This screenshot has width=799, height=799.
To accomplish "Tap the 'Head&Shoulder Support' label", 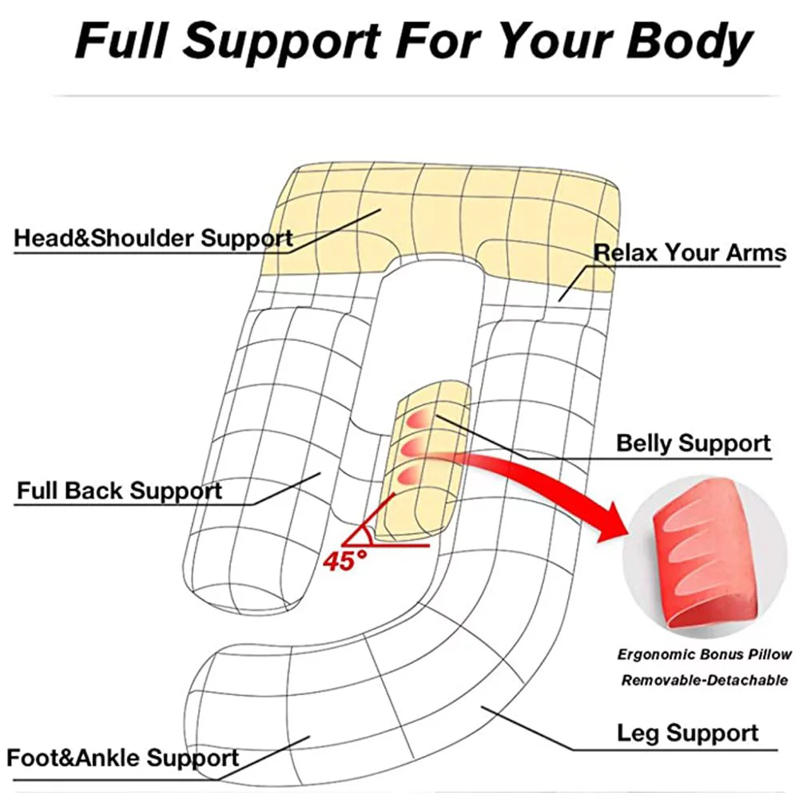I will [153, 237].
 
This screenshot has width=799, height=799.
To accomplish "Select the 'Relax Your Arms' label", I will [690, 253].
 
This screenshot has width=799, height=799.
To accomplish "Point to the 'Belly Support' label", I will [693, 443].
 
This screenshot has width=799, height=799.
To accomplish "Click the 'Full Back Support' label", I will [119, 490].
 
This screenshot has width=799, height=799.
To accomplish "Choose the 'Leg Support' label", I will [688, 733].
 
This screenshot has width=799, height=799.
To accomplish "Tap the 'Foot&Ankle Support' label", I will [122, 757].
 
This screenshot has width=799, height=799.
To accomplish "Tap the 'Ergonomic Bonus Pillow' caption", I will [704, 654].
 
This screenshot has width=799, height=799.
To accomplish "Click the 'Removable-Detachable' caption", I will [704, 681].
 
